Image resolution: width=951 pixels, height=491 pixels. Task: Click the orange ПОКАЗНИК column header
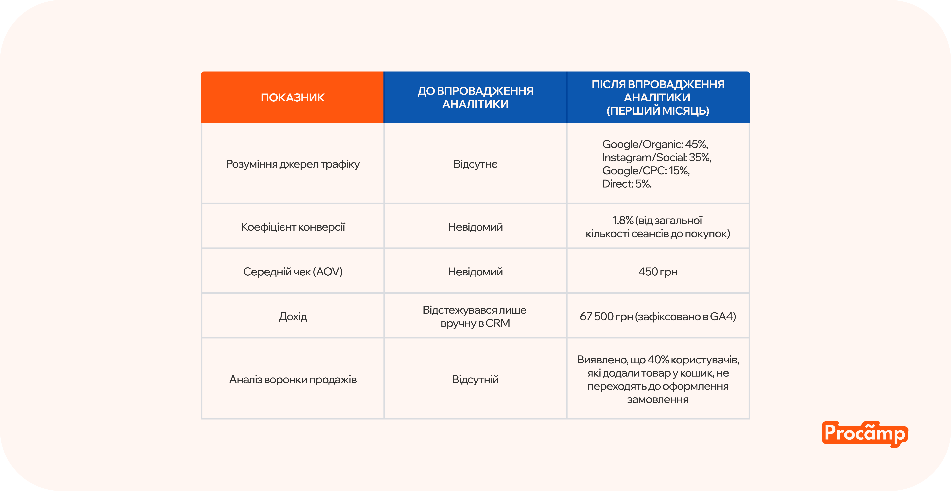(x=292, y=97)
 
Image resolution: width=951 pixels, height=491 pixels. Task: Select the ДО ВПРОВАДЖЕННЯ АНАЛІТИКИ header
(x=475, y=97)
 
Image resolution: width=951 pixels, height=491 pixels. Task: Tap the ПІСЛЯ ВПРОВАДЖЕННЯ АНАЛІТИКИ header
(x=658, y=97)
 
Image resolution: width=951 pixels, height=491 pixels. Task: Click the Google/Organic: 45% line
(x=655, y=144)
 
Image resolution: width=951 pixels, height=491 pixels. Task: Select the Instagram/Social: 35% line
(x=656, y=157)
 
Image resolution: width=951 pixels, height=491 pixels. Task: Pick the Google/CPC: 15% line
(x=646, y=171)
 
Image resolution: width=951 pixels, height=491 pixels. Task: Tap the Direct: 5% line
(x=627, y=184)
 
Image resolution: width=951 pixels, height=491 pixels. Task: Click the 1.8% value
(x=622, y=220)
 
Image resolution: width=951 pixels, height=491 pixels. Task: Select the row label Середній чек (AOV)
(x=292, y=272)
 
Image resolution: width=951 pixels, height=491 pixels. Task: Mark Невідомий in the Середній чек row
(x=475, y=272)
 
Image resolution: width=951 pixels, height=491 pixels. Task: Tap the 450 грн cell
(x=658, y=272)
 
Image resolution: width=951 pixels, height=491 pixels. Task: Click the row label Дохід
(x=292, y=316)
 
